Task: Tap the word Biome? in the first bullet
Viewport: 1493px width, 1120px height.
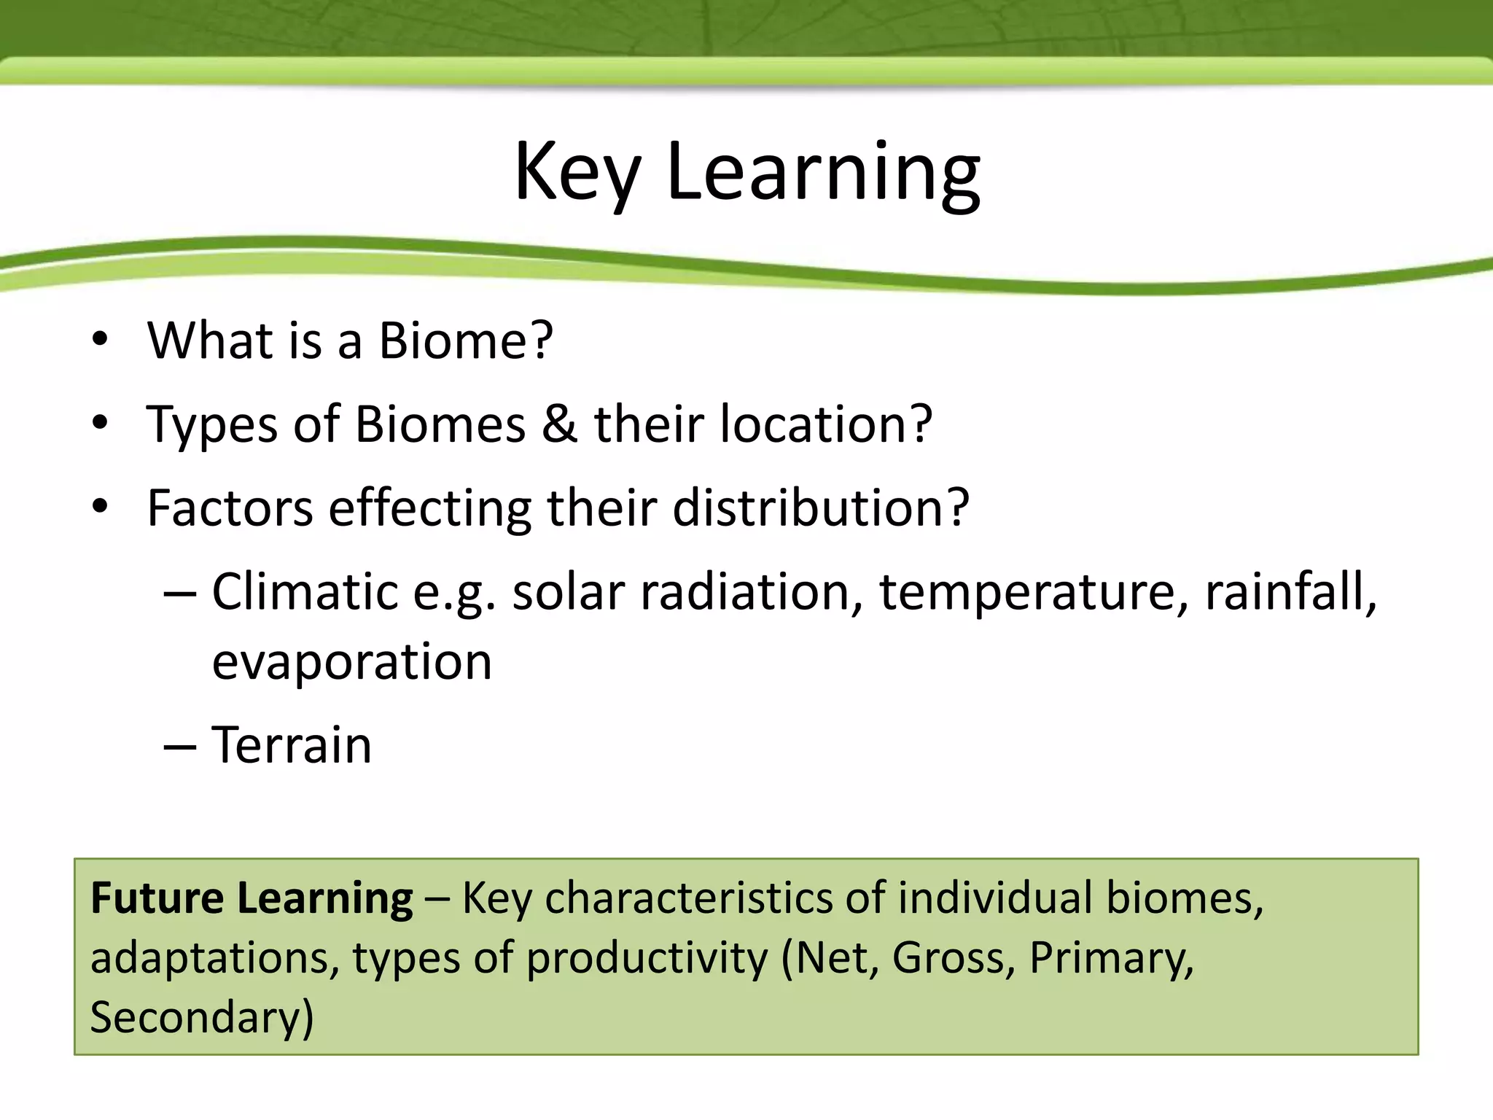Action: (x=466, y=341)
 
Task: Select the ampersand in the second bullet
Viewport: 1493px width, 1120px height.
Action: (x=559, y=424)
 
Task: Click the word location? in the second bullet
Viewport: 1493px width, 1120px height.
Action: (x=825, y=424)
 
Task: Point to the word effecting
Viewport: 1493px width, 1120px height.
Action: (x=430, y=507)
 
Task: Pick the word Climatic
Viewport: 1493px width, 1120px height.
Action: (x=304, y=591)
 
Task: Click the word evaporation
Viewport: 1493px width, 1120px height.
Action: (x=352, y=662)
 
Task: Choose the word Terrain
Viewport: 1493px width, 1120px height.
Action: (x=292, y=745)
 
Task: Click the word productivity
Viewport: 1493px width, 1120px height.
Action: (x=647, y=959)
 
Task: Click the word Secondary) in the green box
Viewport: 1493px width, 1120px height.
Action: (x=202, y=1017)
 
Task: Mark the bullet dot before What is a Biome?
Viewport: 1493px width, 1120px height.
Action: (x=101, y=340)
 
